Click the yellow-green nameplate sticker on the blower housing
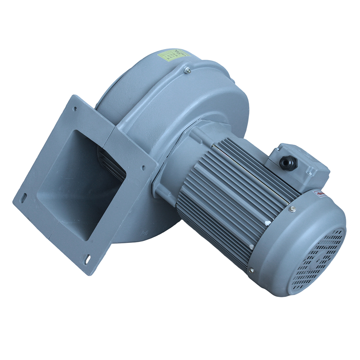point(174,55)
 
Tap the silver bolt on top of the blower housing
point(187,71)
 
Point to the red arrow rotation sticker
point(320,194)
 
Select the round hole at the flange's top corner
point(75,108)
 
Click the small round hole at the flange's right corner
point(143,167)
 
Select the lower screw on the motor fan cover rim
point(251,270)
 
